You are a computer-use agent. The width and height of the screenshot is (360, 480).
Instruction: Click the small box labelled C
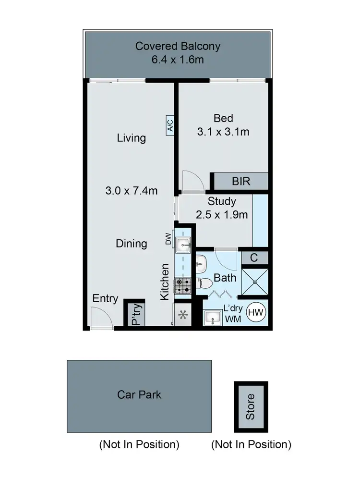pyautogui.click(x=254, y=258)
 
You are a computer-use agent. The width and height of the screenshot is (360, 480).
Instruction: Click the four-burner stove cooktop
pyautogui.click(x=183, y=285)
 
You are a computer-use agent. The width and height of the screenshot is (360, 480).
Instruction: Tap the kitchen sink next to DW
pyautogui.click(x=183, y=245)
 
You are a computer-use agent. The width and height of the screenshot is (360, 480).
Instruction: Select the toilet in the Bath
pyautogui.click(x=205, y=283)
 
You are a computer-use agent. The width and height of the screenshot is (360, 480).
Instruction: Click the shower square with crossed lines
pyautogui.click(x=254, y=282)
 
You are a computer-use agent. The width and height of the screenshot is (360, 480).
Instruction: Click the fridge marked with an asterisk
pyautogui.click(x=182, y=316)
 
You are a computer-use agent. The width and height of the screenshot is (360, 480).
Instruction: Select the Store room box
pyautogui.click(x=251, y=406)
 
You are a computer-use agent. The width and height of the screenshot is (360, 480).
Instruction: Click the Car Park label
pyautogui.click(x=139, y=395)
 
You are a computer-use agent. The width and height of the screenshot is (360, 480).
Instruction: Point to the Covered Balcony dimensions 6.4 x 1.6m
pyautogui.click(x=178, y=60)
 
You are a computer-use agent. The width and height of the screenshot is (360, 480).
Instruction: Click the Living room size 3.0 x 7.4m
pyautogui.click(x=131, y=190)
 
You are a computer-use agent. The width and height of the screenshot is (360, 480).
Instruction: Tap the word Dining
pyautogui.click(x=131, y=244)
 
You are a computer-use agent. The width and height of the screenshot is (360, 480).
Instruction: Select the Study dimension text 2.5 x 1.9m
pyautogui.click(x=222, y=215)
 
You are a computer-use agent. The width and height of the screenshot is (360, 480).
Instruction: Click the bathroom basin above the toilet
pyautogui.click(x=200, y=262)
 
